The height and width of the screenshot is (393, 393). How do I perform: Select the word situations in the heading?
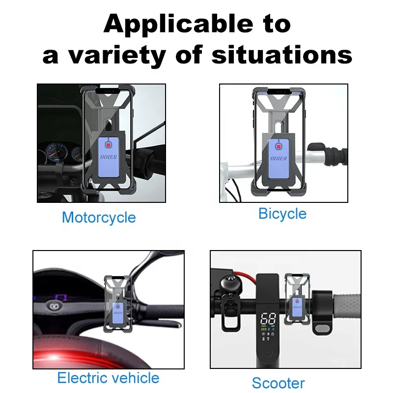point(281,55)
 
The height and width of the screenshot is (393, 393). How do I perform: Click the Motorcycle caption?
point(99,217)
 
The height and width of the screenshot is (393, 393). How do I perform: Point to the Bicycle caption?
point(282,214)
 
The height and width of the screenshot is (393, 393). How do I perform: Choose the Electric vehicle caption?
point(108,378)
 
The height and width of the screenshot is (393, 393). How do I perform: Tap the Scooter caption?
point(278,383)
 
